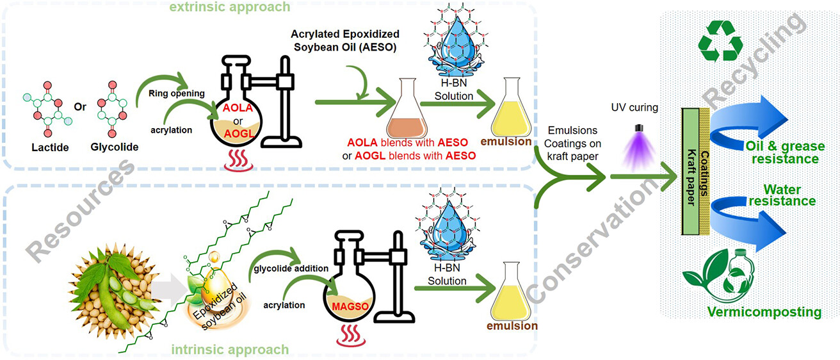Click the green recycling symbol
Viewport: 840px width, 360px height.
tap(720, 41)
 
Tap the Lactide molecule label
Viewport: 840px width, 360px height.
tap(50, 147)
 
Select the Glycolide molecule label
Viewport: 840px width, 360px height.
tap(115, 147)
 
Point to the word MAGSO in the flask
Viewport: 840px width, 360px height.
tap(350, 306)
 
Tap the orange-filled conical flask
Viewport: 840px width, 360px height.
tap(407, 108)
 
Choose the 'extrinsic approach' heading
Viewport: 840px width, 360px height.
tap(229, 7)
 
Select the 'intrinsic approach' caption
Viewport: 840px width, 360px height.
tap(230, 350)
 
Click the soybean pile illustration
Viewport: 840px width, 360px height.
tap(113, 291)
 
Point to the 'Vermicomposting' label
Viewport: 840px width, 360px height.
tap(764, 312)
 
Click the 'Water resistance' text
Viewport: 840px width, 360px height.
tap(782, 195)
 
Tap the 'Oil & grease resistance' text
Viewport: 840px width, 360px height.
tap(785, 152)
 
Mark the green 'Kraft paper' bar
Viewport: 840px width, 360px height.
tap(690, 172)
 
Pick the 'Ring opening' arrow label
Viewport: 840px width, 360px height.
tap(177, 94)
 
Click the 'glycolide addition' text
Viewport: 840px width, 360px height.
tap(291, 268)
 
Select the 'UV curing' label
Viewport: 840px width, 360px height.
tap(634, 108)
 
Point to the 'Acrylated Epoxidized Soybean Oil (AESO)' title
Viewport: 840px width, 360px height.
tap(345, 40)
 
